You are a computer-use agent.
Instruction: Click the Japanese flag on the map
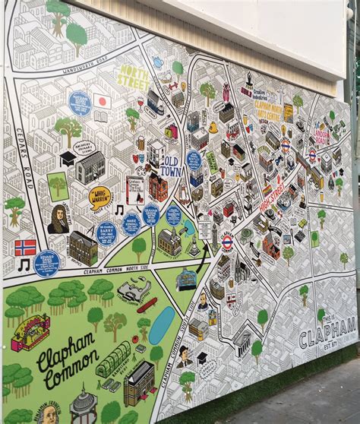pos(102,100)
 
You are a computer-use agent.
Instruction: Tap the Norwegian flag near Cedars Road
pos(26,248)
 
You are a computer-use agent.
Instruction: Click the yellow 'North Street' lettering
pos(133,78)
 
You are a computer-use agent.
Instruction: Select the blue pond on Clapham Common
pos(161,325)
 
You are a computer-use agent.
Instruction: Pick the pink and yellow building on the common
pos(30,333)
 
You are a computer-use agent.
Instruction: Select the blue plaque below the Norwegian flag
pos(46,263)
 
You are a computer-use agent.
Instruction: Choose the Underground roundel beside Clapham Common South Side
pos(226,242)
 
